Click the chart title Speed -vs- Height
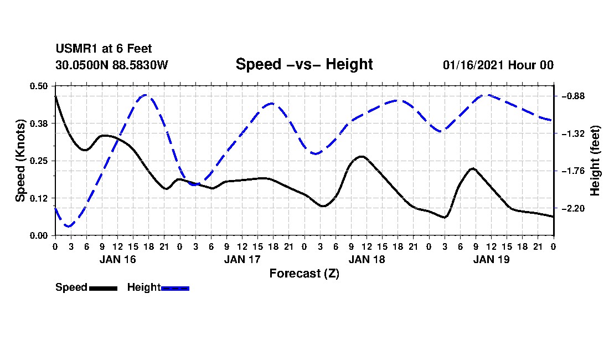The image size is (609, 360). (x=304, y=64)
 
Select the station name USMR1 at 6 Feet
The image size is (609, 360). (x=104, y=49)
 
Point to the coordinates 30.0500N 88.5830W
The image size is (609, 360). (x=112, y=65)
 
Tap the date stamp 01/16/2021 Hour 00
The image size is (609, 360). (x=498, y=65)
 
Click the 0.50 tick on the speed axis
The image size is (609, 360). (x=38, y=86)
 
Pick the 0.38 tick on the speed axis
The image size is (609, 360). (x=38, y=124)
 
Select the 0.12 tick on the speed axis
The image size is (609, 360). (x=38, y=198)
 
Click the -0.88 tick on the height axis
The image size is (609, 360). (x=574, y=96)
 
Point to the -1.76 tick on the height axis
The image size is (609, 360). (x=574, y=171)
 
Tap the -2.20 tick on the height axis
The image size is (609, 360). (x=574, y=209)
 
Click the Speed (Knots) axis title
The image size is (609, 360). (x=20, y=161)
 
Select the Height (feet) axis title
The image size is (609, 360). (x=595, y=161)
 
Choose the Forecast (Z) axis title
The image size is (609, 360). (x=304, y=274)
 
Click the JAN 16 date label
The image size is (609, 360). (x=118, y=259)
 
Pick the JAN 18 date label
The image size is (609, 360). (x=367, y=259)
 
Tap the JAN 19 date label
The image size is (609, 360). (x=491, y=259)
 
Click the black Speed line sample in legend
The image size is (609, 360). (x=103, y=288)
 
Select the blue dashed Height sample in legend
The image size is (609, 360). (x=175, y=288)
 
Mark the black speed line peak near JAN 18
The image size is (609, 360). (x=362, y=157)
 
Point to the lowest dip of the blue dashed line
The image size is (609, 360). (x=69, y=226)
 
